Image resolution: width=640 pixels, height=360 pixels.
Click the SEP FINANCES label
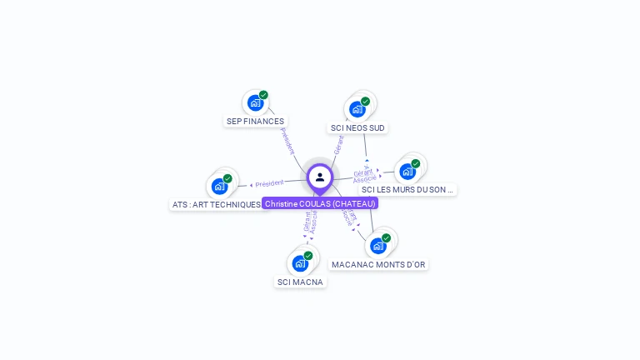pos(255,121)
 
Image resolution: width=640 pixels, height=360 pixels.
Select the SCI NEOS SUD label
pos(357,127)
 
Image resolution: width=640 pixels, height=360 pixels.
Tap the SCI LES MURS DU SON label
pos(407,189)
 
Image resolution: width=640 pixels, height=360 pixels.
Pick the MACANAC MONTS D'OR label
pos(378,264)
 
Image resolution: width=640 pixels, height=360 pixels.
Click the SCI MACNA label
pos(300,282)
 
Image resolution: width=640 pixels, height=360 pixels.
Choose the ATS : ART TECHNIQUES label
pos(217,204)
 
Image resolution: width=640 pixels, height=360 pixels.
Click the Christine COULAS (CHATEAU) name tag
pos(320,203)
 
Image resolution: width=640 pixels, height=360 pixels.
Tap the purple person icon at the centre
pos(320,177)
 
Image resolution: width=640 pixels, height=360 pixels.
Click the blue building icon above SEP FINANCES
pos(254,102)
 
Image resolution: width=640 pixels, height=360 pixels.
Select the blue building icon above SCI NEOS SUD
pos(357,109)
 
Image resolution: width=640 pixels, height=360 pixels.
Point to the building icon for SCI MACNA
pos(299,263)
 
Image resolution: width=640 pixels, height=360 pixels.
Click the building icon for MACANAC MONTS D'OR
pos(377,246)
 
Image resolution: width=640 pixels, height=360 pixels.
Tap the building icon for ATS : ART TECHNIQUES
pos(218,186)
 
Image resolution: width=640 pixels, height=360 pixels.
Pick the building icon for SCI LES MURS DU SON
pos(407,171)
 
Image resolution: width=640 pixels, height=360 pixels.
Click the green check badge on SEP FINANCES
pos(263,95)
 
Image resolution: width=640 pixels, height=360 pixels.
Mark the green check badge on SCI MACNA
pos(308,256)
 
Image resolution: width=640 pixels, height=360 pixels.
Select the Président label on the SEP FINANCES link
pos(287,141)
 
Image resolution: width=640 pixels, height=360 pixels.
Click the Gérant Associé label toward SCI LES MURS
pos(364,176)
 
